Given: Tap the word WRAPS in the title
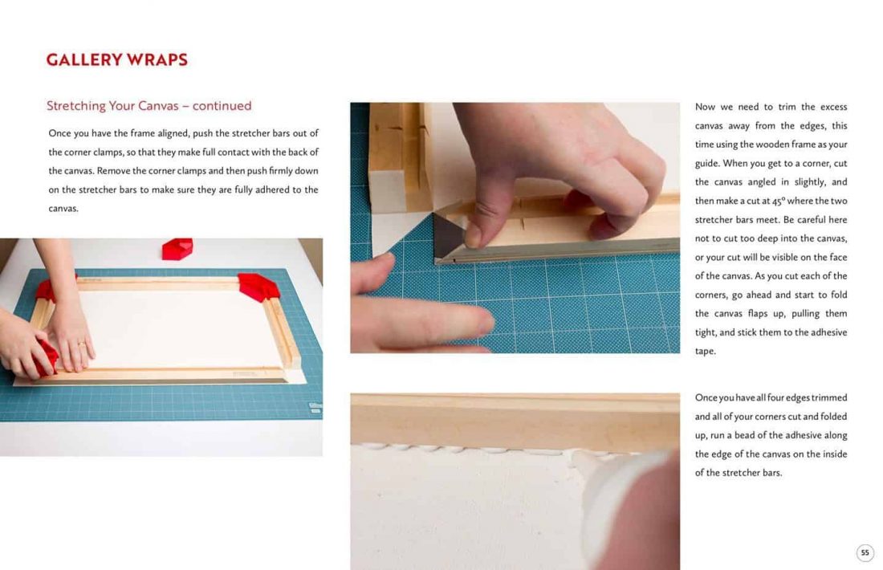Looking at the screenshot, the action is click(157, 59).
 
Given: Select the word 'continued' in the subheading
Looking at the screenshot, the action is click(222, 106).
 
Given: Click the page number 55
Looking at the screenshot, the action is click(865, 552).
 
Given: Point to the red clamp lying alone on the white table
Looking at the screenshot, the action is click(177, 248).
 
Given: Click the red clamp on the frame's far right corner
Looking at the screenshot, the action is click(258, 287).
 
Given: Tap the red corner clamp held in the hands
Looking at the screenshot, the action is click(47, 355).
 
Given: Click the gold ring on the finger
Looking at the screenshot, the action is click(82, 343).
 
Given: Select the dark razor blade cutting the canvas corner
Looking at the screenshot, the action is click(449, 235).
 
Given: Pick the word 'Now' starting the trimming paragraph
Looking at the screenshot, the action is click(705, 107).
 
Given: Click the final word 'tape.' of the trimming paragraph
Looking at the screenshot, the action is click(705, 351).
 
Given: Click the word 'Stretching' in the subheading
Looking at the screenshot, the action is click(76, 106).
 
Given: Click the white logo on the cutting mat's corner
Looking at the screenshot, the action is click(315, 407).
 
